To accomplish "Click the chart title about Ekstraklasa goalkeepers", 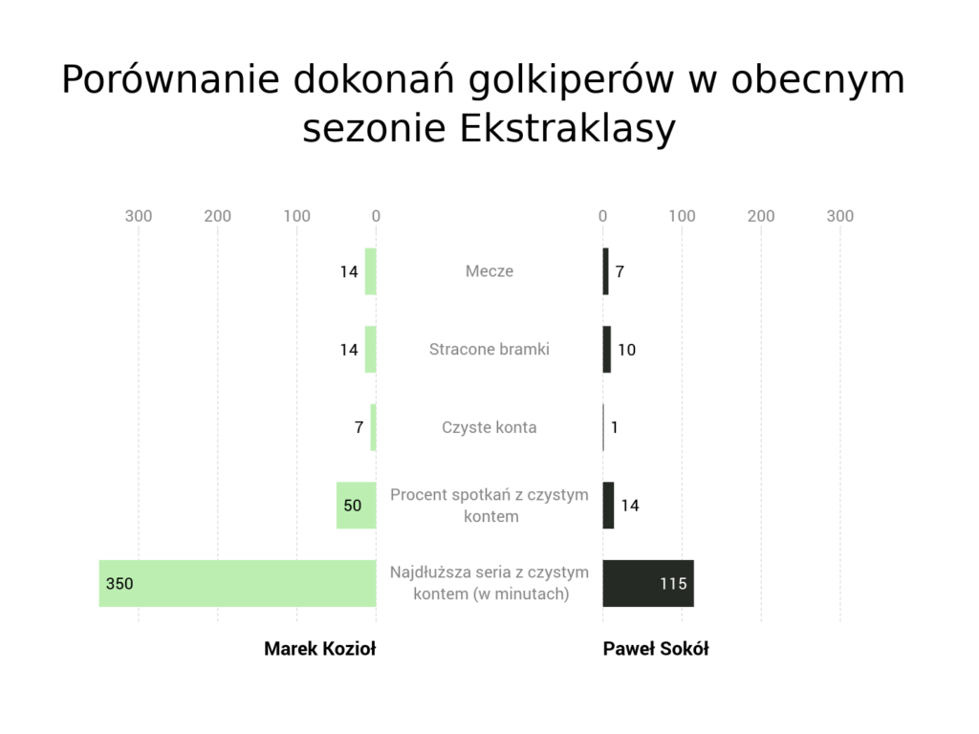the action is tap(483, 103).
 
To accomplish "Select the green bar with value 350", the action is tap(238, 583).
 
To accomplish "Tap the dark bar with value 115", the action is tap(648, 583).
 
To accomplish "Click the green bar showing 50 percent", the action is tap(357, 505).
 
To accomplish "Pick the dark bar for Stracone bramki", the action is tap(607, 349).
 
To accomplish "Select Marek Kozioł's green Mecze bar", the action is tap(371, 270).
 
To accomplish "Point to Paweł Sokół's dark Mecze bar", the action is tap(605, 270).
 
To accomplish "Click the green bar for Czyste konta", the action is tap(374, 427).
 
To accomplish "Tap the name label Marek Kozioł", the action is tap(319, 649).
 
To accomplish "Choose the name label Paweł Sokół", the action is tap(656, 649).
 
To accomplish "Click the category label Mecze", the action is tap(489, 270).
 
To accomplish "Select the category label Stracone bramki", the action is tap(489, 349).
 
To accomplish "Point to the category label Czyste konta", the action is tap(489, 427).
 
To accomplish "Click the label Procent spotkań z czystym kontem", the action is tap(489, 505).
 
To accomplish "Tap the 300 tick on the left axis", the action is tap(139, 216).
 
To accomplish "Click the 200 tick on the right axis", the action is tap(761, 216).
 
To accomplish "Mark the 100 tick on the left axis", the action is tap(296, 216).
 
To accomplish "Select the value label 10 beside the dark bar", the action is tap(627, 350).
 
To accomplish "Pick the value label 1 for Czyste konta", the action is tap(615, 427).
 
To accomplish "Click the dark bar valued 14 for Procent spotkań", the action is tap(608, 505).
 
